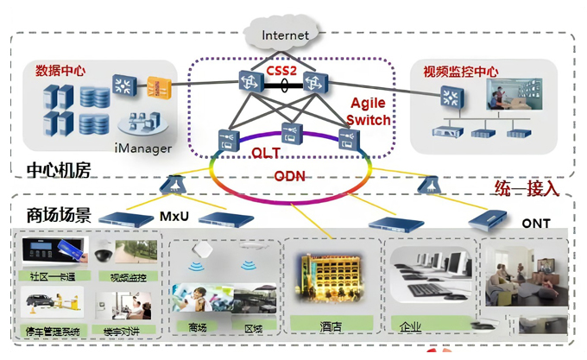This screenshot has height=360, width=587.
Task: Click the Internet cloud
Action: click(x=285, y=35)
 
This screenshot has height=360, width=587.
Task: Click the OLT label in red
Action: click(x=265, y=152)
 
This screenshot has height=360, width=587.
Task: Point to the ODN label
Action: click(x=289, y=176)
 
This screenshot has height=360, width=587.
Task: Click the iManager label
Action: click(x=143, y=148)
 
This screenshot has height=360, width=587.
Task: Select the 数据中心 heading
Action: click(x=60, y=70)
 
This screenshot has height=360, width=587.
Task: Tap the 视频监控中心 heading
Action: click(x=461, y=70)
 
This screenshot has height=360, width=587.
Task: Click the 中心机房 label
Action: click(x=59, y=170)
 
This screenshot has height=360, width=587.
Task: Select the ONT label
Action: click(x=535, y=224)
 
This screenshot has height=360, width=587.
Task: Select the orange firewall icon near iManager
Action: click(x=156, y=87)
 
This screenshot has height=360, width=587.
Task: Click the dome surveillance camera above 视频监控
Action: click(x=104, y=255)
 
